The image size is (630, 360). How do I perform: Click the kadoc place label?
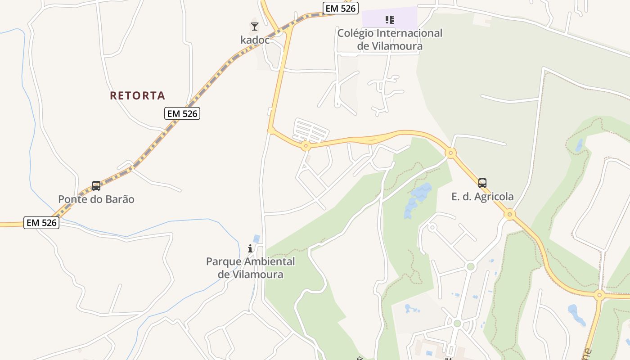click(x=255, y=40)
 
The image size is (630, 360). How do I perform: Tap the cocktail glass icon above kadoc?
click(x=255, y=27)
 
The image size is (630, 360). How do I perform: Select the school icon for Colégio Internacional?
click(x=390, y=19)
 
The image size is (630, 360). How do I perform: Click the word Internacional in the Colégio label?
click(x=409, y=33)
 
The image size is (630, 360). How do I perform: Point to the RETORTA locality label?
click(x=138, y=95)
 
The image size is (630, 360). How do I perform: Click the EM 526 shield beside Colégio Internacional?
click(x=340, y=8)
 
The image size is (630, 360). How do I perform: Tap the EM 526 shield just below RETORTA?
click(x=182, y=114)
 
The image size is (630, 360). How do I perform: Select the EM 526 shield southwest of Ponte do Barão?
click(x=41, y=222)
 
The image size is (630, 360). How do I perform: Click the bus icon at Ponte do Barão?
click(x=96, y=186)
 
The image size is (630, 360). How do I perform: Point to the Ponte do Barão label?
click(x=96, y=199)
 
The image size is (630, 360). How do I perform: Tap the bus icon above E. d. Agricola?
click(x=482, y=183)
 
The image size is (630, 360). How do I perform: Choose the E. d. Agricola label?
click(x=482, y=197)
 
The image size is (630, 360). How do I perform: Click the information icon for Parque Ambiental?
click(x=250, y=248)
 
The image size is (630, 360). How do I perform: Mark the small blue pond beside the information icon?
click(x=256, y=238)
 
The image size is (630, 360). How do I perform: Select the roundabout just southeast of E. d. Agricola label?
click(x=509, y=214)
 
